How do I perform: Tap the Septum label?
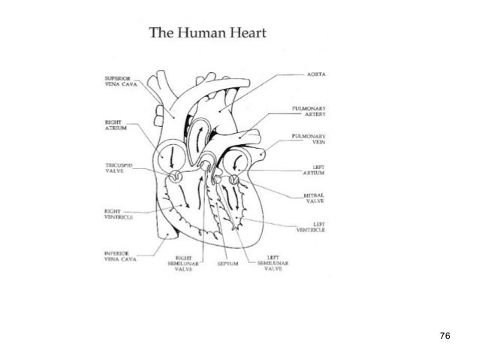pos(228,265)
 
